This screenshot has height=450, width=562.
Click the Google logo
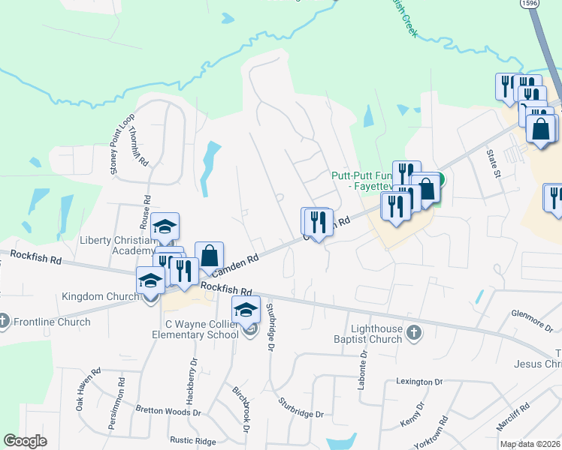coord(25,441)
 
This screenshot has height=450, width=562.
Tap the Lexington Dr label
coord(419,382)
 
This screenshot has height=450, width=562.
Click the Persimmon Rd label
coord(120,394)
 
